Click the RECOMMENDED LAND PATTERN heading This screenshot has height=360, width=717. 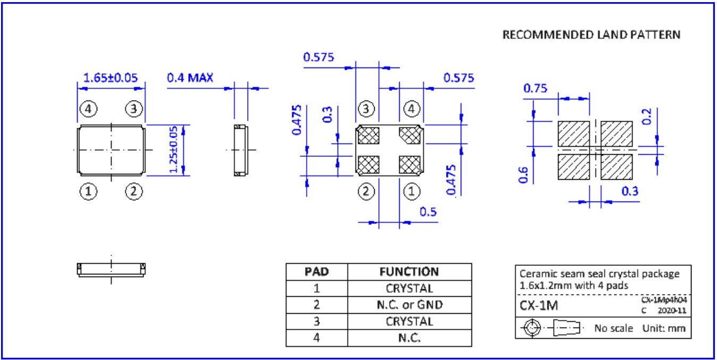(x=591, y=35)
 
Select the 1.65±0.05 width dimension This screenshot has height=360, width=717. (x=111, y=78)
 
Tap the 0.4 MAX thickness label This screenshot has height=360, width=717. (x=190, y=78)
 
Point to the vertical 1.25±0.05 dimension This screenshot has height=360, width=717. (x=173, y=150)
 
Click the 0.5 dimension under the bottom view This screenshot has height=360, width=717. (x=428, y=212)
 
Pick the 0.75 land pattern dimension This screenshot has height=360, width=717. (x=535, y=88)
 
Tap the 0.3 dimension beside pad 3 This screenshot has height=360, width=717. (x=327, y=114)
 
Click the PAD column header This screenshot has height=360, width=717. (x=316, y=272)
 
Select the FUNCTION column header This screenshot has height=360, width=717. (x=409, y=272)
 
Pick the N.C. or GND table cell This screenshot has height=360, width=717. (x=409, y=305)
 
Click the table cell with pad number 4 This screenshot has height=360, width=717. (x=316, y=338)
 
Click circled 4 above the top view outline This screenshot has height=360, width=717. (x=89, y=110)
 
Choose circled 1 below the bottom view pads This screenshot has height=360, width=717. (x=411, y=190)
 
